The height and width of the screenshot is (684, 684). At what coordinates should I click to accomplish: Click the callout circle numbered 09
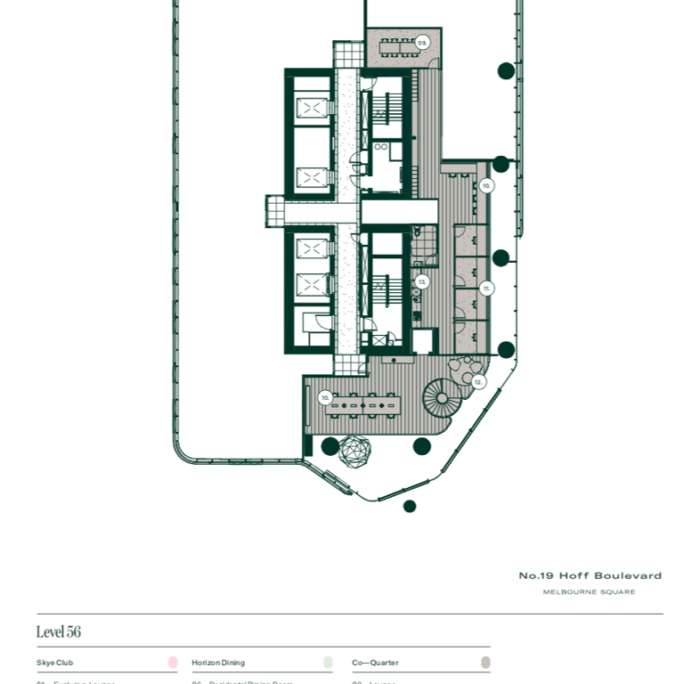422,43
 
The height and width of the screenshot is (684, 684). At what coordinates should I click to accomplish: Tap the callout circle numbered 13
422,281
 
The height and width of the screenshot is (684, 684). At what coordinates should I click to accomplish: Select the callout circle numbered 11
486,289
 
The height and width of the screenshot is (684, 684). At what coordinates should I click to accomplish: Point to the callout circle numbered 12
478,382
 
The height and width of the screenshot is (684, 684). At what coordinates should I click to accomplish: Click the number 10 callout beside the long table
325,397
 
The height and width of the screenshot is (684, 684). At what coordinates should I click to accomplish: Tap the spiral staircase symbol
441,397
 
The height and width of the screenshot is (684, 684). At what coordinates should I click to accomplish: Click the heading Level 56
59,631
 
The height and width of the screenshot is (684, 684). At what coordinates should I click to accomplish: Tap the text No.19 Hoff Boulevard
590,576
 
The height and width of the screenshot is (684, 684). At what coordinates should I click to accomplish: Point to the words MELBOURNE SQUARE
589,592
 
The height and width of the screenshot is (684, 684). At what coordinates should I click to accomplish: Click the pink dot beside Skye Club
173,663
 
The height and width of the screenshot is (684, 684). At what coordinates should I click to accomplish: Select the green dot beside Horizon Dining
328,663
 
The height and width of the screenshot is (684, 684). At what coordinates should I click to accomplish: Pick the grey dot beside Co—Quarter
485,663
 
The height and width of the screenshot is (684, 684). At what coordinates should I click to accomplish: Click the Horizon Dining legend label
218,663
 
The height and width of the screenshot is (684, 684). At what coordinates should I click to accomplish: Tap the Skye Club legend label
55,663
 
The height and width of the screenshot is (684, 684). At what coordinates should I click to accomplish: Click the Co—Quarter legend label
376,663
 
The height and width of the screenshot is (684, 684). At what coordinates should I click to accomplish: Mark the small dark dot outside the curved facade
410,507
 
